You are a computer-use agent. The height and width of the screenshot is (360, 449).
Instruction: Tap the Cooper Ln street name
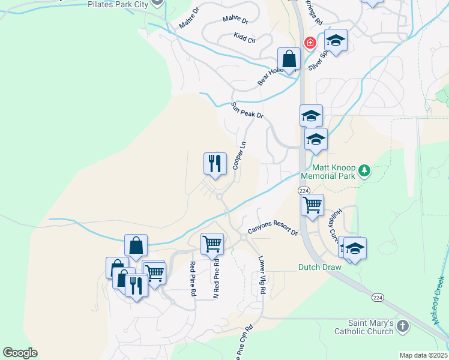239,155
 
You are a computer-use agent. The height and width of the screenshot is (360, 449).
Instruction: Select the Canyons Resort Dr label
273,231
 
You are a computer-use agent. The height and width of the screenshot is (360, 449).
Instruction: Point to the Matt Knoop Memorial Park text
334,172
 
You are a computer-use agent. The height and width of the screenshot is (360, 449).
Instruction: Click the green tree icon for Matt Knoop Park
364,172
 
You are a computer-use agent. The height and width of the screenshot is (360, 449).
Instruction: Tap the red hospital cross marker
310,43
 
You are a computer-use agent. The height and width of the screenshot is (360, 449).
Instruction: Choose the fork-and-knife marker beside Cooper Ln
215,164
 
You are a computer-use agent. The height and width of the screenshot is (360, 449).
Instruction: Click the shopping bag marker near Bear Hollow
289,60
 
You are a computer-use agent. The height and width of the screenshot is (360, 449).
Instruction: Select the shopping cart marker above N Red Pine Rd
212,244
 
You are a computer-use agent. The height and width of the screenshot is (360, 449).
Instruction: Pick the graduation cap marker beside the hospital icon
336,41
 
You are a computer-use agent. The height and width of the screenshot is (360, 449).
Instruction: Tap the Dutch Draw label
319,268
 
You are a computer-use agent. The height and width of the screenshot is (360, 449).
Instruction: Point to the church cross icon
403,327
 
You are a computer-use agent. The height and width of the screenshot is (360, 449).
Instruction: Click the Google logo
20,353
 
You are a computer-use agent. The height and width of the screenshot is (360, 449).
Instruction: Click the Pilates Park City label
118,4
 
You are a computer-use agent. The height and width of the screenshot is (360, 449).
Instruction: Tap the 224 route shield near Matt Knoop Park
304,190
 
